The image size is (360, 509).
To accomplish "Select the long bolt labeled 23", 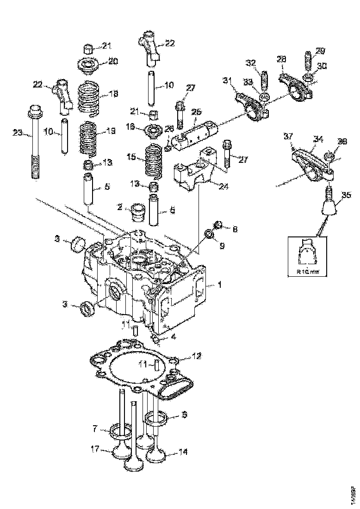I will [35, 143].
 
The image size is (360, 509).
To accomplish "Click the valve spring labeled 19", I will [88, 137].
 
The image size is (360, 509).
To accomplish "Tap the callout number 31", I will [227, 81].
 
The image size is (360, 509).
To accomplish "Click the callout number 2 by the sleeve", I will [119, 208].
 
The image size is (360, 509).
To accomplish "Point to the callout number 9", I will [222, 246].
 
